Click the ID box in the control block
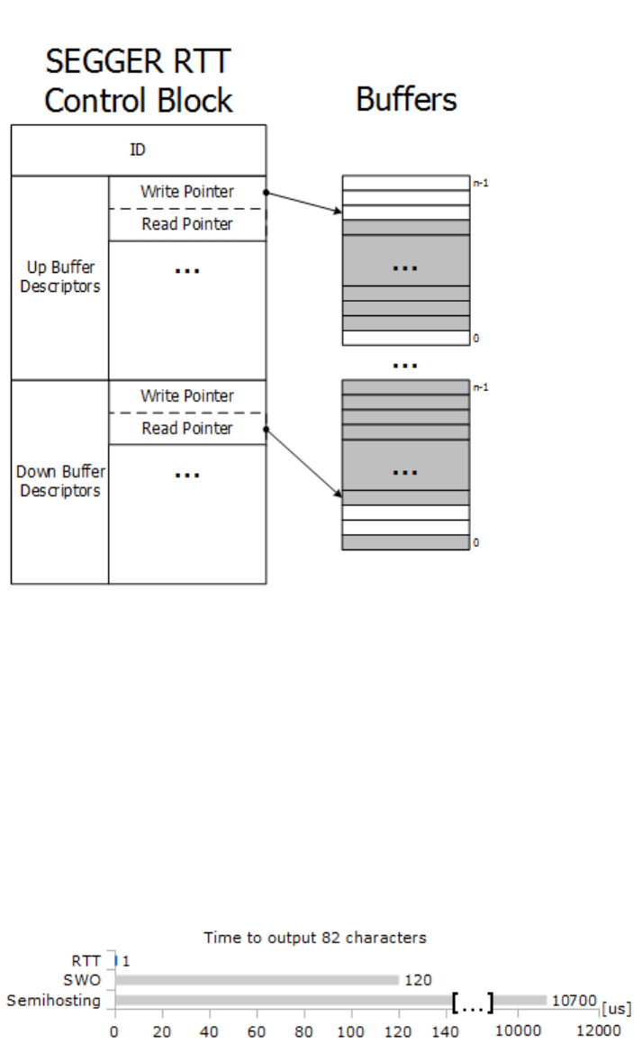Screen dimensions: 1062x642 tap(138, 150)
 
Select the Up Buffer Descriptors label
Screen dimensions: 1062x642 tap(60, 277)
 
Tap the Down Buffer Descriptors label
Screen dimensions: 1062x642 tap(60, 481)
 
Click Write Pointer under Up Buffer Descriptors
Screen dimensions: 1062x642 tap(186, 192)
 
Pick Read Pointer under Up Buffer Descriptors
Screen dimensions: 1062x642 tap(186, 224)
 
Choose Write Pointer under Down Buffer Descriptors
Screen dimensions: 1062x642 tap(186, 396)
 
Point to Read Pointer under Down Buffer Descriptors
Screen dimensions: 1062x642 tap(186, 429)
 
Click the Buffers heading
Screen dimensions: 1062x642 tap(406, 98)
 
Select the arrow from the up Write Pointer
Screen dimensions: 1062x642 tap(303, 203)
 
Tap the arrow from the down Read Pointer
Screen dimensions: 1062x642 tap(303, 462)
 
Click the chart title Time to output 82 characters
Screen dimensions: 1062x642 tap(315, 938)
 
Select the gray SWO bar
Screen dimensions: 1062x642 tap(257, 980)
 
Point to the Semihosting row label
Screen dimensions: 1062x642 tap(53, 1000)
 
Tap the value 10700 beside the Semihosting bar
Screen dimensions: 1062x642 tap(574, 1001)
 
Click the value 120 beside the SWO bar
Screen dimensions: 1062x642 tap(418, 980)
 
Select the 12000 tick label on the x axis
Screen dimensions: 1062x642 tap(599, 1030)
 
